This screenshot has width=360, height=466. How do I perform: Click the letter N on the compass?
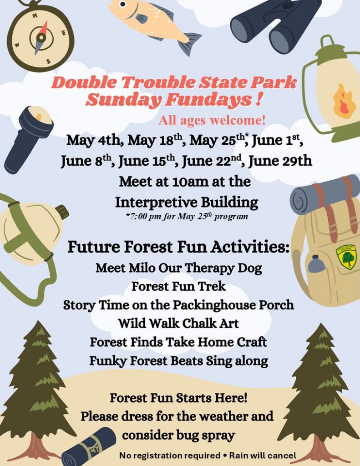pos(35,15)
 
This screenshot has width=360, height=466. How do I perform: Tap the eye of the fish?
pos(123,4)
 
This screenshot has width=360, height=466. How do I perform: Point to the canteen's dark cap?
pos(62,212)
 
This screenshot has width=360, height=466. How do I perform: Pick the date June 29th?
pos(280,161)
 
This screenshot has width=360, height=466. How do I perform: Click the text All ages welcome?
pos(212,120)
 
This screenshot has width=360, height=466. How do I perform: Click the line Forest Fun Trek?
pos(179,287)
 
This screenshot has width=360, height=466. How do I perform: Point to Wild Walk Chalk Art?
pos(178,324)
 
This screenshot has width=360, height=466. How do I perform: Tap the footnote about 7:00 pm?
pos(187,216)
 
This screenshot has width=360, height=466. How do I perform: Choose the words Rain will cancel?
pos(263,456)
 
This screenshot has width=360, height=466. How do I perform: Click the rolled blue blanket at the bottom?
pos(89,446)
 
